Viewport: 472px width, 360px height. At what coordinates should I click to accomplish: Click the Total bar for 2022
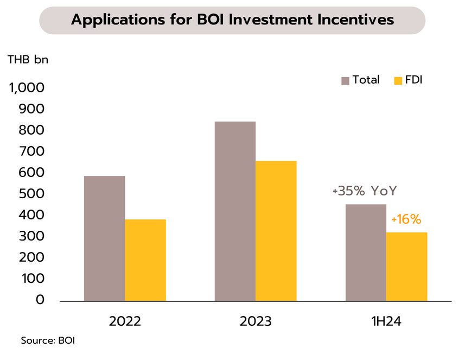point(104,238)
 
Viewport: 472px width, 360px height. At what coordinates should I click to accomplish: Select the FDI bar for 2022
point(145,260)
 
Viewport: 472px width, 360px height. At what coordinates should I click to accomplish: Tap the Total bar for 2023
point(235,211)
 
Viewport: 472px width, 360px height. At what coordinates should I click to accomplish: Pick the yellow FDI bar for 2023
point(276,231)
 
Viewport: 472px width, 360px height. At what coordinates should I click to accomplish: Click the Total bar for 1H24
point(366,252)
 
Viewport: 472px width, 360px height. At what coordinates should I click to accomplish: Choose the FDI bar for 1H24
point(407,267)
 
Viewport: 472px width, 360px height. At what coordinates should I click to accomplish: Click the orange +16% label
point(406,220)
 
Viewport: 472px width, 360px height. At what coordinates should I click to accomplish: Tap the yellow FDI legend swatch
point(398,80)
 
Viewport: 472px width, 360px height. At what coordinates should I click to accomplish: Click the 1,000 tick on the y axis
point(27,88)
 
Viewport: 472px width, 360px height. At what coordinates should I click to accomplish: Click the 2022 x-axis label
point(125,320)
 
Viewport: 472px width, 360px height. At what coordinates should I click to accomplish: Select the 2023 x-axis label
point(256,320)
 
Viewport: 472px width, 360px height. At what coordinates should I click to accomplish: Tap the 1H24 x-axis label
point(386,320)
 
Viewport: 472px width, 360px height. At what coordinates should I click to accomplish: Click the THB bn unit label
point(28,60)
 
